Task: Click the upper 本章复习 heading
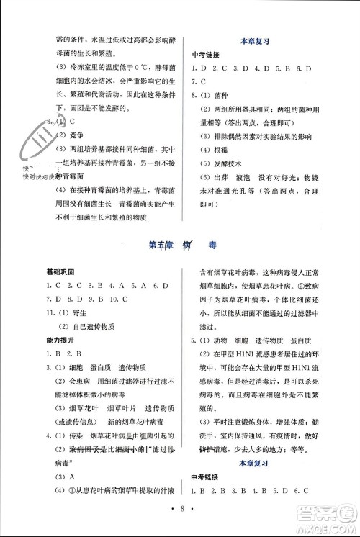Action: point(253,42)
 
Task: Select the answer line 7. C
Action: point(199,82)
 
